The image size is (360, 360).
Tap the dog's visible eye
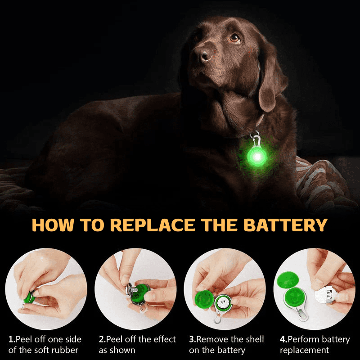234,38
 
